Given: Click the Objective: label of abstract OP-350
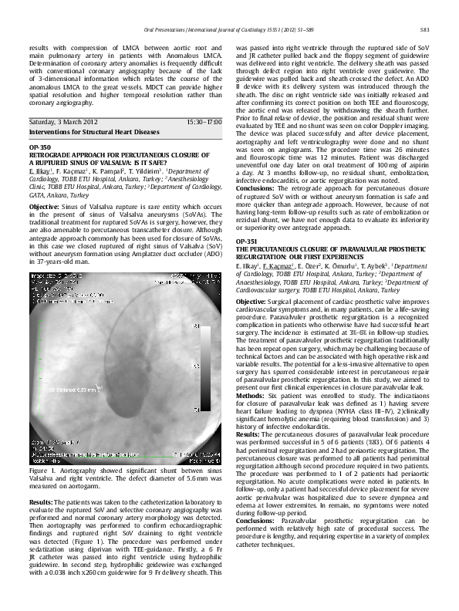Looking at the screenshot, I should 46,208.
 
